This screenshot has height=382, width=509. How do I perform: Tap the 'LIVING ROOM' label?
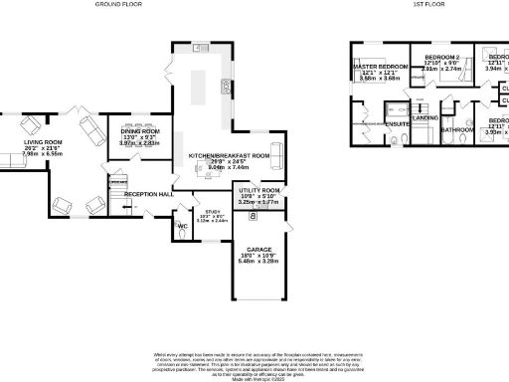point(43,142)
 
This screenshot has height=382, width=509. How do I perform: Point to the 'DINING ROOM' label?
point(140,131)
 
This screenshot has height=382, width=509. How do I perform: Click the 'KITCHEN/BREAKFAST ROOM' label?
point(230,156)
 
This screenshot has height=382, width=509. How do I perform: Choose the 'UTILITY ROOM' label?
point(257,189)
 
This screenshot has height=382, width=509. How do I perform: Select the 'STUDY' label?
point(212,211)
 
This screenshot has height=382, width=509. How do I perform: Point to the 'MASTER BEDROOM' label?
point(382,66)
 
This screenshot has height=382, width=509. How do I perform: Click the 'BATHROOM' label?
point(456,129)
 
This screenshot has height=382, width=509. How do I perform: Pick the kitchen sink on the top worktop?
point(199,48)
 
